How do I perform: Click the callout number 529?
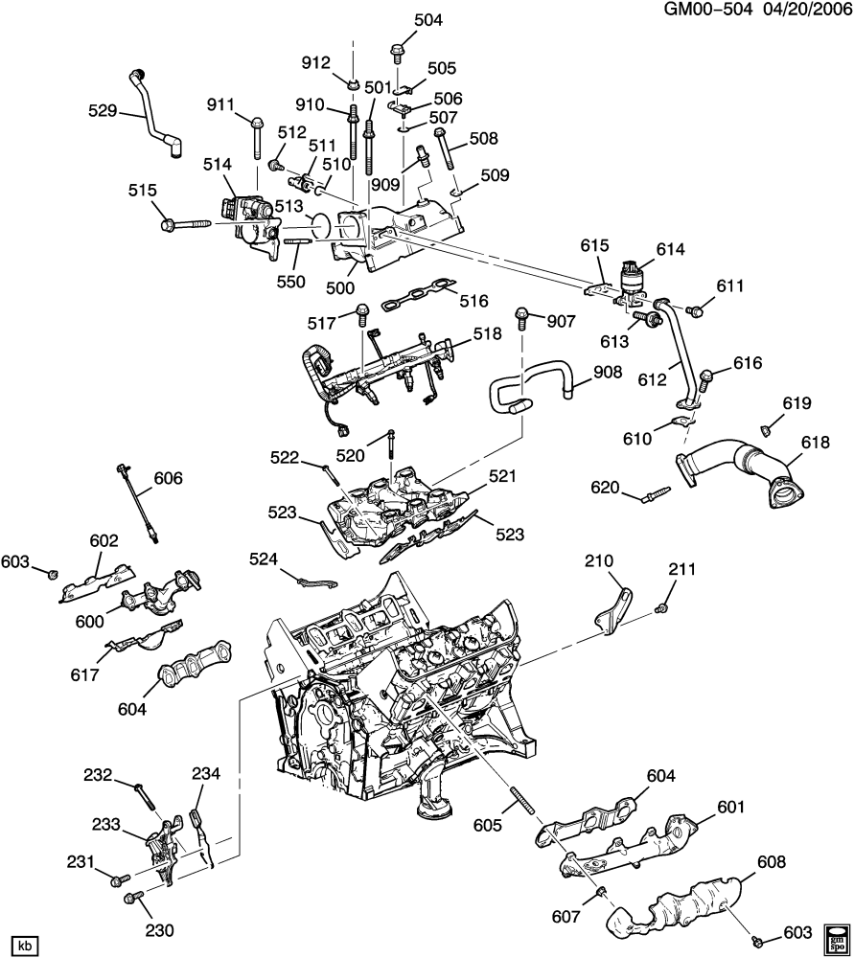pos(101,111)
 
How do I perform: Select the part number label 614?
pos(670,249)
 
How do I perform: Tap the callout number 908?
pos(608,372)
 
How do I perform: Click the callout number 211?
pos(681,572)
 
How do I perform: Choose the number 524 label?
pos(265,558)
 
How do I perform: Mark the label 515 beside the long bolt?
pos(143,191)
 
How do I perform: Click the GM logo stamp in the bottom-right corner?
pos(837,939)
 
